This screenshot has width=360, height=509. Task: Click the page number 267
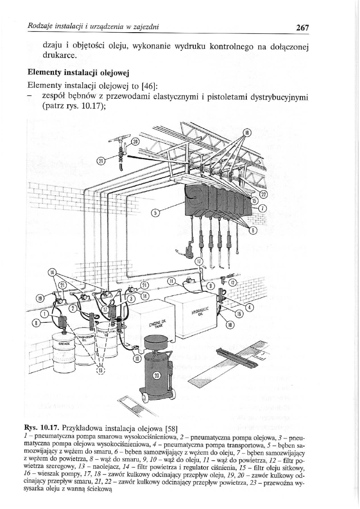[302, 27]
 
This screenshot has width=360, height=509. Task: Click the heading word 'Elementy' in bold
[43, 73]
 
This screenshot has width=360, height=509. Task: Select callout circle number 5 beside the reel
[154, 213]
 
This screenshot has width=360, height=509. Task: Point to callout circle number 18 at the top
[247, 133]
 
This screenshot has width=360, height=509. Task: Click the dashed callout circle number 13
[101, 370]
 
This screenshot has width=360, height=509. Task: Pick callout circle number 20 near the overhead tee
[135, 142]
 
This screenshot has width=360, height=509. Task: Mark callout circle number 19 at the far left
[40, 299]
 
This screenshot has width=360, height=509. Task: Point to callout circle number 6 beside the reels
[254, 231]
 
